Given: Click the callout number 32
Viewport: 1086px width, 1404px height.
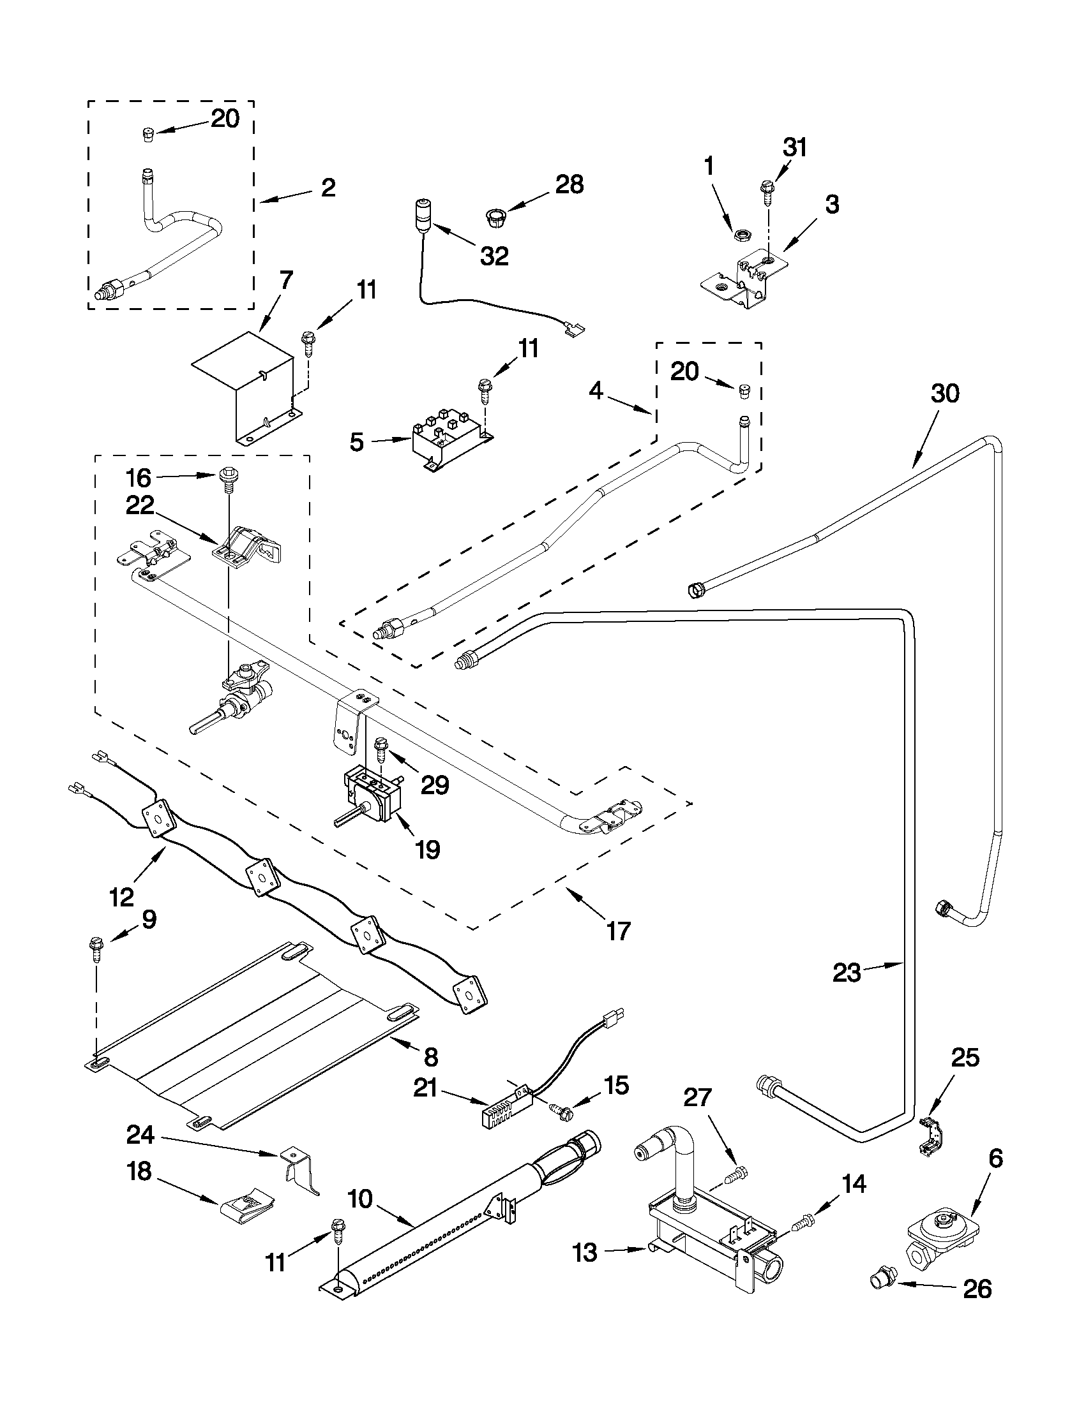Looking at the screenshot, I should tap(494, 256).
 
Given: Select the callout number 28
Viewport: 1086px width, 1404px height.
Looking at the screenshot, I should tap(569, 184).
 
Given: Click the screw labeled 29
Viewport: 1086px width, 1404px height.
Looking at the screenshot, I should tap(381, 748).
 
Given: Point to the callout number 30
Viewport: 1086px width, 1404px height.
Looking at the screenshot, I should tap(945, 394).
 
